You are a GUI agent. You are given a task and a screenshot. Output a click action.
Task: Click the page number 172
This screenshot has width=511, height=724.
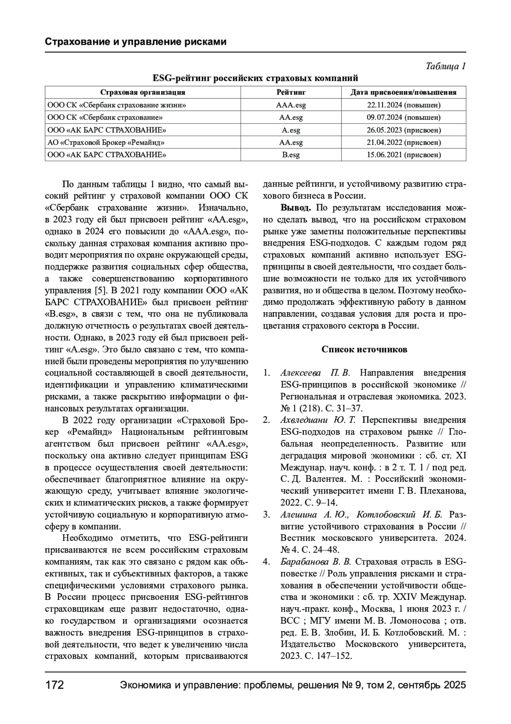point(55,686)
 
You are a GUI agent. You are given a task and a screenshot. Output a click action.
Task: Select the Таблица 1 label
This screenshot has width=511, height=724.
point(445,67)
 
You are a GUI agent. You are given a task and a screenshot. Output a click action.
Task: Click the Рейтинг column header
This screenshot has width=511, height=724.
point(291,92)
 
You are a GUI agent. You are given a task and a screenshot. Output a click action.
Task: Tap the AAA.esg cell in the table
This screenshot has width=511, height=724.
point(291,105)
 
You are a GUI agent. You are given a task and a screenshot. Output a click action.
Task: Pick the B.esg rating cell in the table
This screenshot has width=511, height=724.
point(291,155)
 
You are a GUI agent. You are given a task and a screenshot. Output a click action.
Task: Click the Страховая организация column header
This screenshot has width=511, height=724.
point(143,92)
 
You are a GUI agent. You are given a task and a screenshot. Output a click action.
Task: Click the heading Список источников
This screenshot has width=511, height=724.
point(364,350)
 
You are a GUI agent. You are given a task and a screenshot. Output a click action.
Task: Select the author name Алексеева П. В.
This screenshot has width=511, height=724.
point(315,373)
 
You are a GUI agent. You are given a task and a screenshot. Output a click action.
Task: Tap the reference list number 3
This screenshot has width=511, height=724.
point(267,514)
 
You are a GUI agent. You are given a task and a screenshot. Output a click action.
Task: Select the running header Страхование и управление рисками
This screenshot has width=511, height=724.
point(135,42)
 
